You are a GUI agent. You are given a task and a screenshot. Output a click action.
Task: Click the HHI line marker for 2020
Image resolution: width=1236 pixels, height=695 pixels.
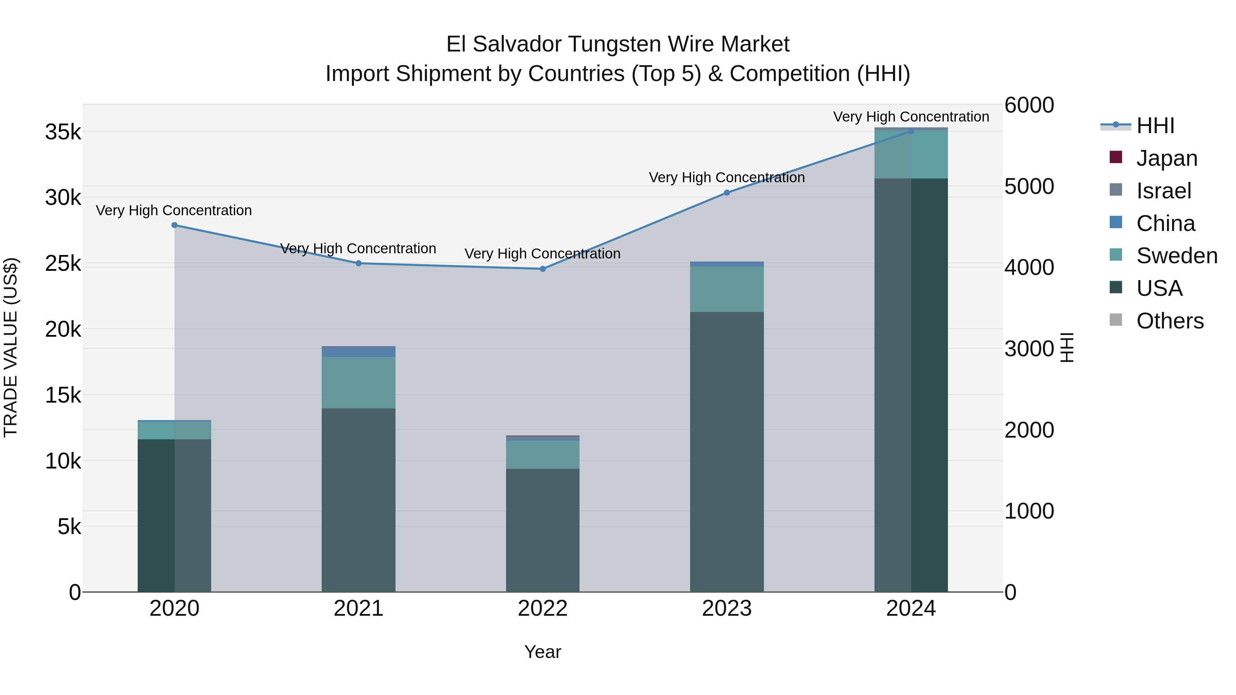click(x=175, y=225)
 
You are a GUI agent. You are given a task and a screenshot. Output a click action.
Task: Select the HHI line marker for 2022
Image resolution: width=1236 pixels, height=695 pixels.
click(x=543, y=269)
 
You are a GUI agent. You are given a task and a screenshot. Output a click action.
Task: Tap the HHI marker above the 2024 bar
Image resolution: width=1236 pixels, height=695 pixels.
click(x=911, y=131)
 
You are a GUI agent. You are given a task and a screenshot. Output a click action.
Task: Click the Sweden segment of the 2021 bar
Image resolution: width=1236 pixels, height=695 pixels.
click(x=358, y=382)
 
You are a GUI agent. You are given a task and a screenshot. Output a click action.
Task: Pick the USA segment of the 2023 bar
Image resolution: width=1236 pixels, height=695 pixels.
click(x=726, y=451)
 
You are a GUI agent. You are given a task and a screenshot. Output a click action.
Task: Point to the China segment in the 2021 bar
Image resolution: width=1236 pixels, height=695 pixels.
click(x=358, y=351)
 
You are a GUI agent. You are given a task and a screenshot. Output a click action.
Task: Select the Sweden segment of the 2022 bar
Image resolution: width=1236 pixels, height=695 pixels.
click(x=543, y=454)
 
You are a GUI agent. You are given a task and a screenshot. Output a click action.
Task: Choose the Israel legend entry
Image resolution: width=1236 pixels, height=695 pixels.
click(x=1164, y=190)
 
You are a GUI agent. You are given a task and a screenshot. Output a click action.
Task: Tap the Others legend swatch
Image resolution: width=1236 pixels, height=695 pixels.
click(x=1116, y=320)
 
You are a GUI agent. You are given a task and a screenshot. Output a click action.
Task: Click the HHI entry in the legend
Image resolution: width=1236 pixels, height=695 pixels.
click(x=1155, y=126)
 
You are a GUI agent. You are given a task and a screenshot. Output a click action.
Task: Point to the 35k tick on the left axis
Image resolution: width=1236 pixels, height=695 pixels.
click(x=63, y=132)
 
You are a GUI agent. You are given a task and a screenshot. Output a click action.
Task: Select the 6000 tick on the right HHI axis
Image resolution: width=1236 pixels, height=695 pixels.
click(x=1029, y=105)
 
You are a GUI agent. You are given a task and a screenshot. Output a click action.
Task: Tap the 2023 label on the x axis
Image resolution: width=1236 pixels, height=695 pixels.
click(x=726, y=609)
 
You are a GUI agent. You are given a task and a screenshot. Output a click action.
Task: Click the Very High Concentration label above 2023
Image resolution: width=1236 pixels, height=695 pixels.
click(x=726, y=177)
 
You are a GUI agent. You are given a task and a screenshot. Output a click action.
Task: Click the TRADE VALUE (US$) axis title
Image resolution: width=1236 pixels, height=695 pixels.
click(x=11, y=347)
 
